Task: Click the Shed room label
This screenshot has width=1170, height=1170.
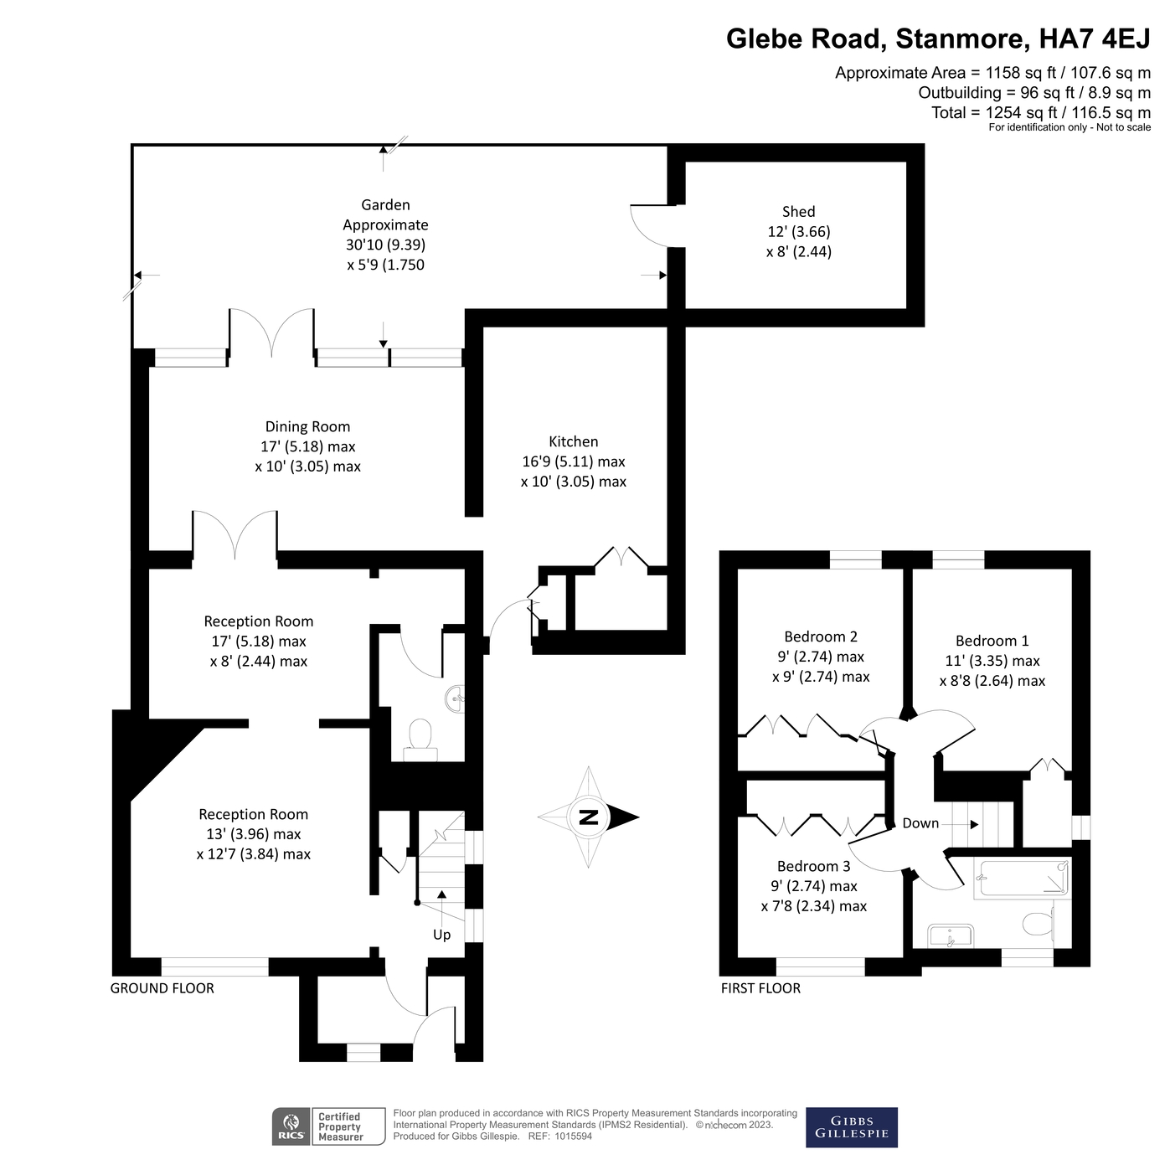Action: click(x=798, y=212)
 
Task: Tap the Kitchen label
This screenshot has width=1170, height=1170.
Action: click(x=573, y=441)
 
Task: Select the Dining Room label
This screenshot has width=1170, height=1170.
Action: click(x=307, y=427)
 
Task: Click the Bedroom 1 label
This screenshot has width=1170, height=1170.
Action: click(x=992, y=641)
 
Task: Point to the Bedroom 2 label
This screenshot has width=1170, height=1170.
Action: click(x=820, y=637)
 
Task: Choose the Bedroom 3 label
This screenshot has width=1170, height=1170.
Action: click(x=813, y=866)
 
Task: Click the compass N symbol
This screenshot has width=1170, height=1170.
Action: click(x=589, y=817)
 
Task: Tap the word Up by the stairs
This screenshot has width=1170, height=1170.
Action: click(x=441, y=935)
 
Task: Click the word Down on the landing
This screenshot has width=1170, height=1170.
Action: click(x=920, y=823)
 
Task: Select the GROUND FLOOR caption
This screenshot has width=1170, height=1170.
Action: click(x=162, y=988)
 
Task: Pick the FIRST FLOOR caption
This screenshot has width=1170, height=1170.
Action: click(x=760, y=988)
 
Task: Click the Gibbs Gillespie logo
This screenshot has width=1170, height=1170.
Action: click(x=851, y=1127)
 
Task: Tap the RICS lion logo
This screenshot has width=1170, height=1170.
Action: click(x=291, y=1126)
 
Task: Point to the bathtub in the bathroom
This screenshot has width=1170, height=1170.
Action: click(x=1022, y=879)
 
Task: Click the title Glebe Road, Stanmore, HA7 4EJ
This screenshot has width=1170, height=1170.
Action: click(x=938, y=39)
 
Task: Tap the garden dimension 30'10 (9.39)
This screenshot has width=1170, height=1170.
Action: click(x=385, y=245)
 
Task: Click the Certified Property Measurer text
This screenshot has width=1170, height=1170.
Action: click(x=340, y=1126)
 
